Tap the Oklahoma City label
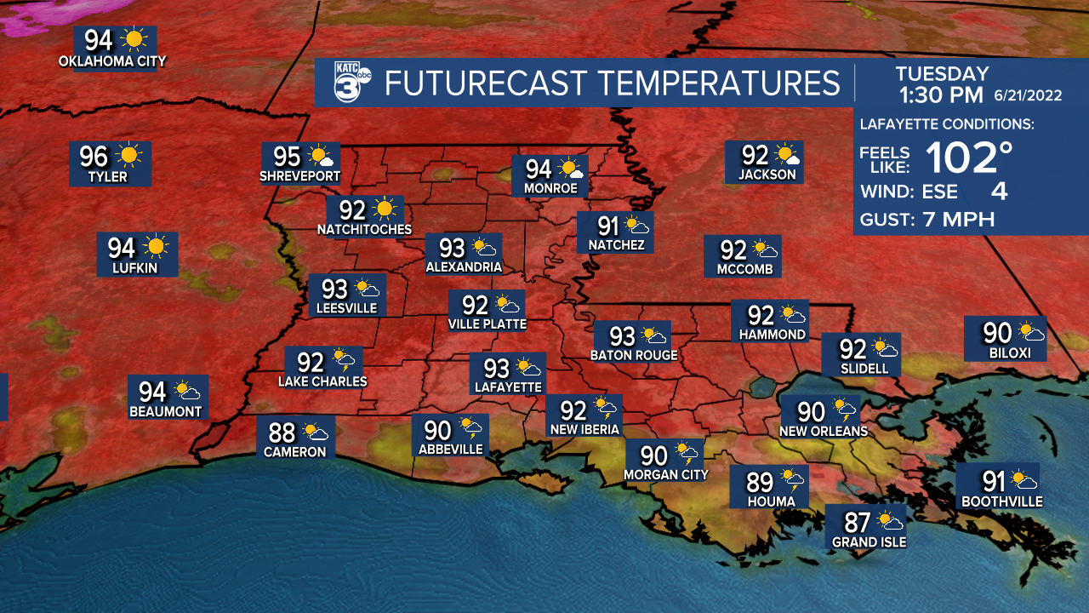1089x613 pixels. [x=112, y=61]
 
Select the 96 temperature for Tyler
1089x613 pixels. [x=94, y=157]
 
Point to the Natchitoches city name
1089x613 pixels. [x=364, y=229]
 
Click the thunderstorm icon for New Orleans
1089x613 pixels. [x=845, y=411]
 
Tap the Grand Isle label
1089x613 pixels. [x=869, y=541]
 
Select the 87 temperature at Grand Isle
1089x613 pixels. [x=858, y=520]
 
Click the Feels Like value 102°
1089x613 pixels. [x=969, y=158]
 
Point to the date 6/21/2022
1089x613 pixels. [x=1028, y=95]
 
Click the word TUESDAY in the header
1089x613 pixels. [x=942, y=74]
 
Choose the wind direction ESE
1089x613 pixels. [x=940, y=192]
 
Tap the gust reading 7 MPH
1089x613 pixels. [x=958, y=220]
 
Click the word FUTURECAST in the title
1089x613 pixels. [x=486, y=83]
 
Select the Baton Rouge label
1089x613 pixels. [x=634, y=355]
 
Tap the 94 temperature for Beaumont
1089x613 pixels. [x=152, y=392]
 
